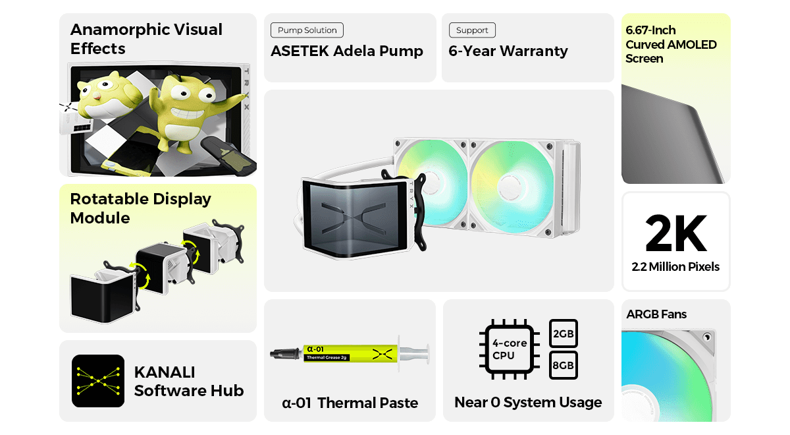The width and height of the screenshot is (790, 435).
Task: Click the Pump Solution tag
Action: [307, 30]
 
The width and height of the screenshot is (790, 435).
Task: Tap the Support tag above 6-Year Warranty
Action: [472, 30]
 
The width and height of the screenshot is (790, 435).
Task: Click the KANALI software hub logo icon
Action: [98, 381]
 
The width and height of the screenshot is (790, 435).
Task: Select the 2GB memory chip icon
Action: [564, 333]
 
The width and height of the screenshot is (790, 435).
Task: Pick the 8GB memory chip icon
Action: [564, 365]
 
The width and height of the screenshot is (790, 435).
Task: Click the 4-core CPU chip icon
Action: [510, 349]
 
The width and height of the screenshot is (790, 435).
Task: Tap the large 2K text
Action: [675, 233]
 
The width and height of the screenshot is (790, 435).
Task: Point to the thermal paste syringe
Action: [349, 355]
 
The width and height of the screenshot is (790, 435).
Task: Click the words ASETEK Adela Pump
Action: [347, 51]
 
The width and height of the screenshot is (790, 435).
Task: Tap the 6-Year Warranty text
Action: [508, 51]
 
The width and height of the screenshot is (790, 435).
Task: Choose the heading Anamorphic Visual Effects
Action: [146, 39]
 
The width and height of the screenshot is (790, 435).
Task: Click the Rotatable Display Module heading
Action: [140, 208]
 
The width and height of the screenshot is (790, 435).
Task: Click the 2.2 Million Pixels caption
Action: [675, 267]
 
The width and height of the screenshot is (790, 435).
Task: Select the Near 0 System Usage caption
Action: [528, 402]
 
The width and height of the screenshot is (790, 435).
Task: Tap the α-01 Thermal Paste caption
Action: [350, 403]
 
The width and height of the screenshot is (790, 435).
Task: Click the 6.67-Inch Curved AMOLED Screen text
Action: [671, 44]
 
